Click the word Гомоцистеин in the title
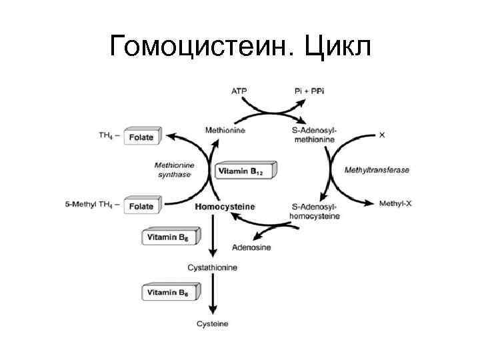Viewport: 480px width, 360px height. click(x=199, y=46)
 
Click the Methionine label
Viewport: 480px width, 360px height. click(x=226, y=131)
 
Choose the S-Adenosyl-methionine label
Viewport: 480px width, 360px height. click(x=315, y=135)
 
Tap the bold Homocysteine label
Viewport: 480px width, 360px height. click(x=225, y=207)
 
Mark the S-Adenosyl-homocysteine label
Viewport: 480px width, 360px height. click(x=315, y=211)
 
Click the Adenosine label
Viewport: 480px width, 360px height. click(x=251, y=248)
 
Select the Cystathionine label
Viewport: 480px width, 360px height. click(x=212, y=267)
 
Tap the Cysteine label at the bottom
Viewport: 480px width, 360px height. click(x=212, y=324)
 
